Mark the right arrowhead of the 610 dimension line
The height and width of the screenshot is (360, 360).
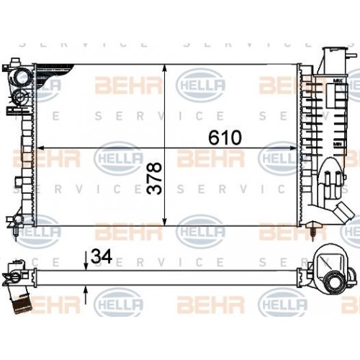click(297, 148)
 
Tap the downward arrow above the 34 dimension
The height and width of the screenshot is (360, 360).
click(86, 264)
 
